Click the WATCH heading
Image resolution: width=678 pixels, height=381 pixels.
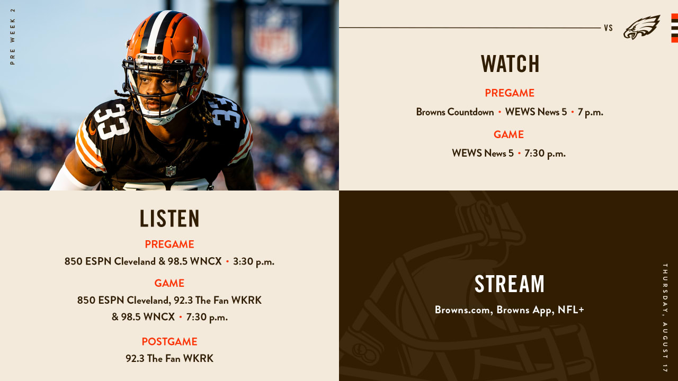tap(510, 63)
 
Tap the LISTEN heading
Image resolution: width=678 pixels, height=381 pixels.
tap(169, 219)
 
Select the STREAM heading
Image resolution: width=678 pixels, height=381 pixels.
tap(510, 284)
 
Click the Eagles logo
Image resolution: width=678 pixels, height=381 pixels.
tap(641, 27)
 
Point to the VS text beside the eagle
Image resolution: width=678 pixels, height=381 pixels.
tap(609, 28)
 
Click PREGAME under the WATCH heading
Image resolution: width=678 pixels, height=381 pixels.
tap(510, 93)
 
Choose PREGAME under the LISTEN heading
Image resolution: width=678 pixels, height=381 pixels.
tap(169, 244)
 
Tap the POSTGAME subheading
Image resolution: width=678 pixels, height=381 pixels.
tap(169, 341)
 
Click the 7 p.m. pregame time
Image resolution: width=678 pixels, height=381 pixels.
tap(590, 112)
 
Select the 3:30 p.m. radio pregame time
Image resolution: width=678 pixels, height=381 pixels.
tap(254, 261)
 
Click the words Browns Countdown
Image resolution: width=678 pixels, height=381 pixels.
tap(455, 112)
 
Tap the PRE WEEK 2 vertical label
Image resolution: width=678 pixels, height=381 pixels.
tap(12, 37)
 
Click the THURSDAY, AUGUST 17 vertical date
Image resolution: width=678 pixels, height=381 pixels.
tap(665, 318)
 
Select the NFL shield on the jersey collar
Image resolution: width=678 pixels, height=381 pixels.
tap(171, 171)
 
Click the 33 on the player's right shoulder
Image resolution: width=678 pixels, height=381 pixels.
tap(111, 121)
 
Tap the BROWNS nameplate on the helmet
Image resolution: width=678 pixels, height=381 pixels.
tap(149, 58)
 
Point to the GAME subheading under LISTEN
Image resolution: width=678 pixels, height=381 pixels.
tap(169, 283)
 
